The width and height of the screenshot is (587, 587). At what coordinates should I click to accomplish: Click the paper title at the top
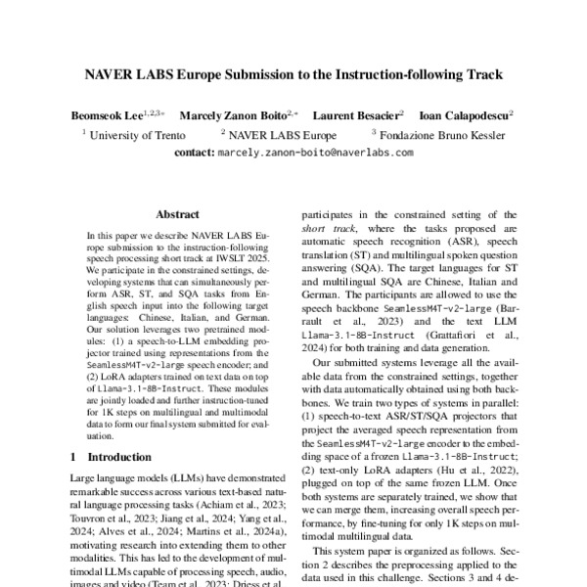pos(293,74)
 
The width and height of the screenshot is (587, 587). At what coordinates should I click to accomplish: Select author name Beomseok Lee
pos(106,115)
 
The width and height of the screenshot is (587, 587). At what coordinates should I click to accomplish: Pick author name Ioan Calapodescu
pos(467,115)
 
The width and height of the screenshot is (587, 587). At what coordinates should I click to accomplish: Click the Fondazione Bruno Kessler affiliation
pos(441,135)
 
